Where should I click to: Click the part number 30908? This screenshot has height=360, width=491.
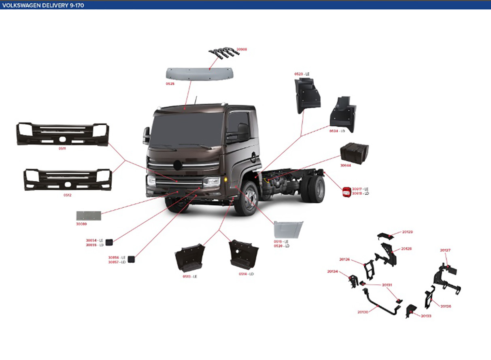pyautogui.click(x=242, y=49)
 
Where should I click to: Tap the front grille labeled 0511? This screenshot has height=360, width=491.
pyautogui.click(x=62, y=134)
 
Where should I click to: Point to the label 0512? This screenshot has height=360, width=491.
pyautogui.click(x=67, y=195)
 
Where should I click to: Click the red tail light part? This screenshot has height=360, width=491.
pyautogui.click(x=346, y=192)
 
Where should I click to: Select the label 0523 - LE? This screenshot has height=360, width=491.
pyautogui.click(x=302, y=74)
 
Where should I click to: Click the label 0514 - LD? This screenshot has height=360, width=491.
pyautogui.click(x=246, y=274)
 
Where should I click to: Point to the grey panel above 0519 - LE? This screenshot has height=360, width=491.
pyautogui.click(x=288, y=230)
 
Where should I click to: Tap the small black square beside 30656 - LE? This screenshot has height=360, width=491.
pyautogui.click(x=131, y=259)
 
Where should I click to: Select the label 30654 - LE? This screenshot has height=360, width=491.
pyautogui.click(x=94, y=241)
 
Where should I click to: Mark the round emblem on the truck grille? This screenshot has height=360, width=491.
pyautogui.click(x=177, y=165)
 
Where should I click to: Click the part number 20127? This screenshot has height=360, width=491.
pyautogui.click(x=445, y=250)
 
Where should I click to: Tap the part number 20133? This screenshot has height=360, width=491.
pyautogui.click(x=426, y=315)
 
